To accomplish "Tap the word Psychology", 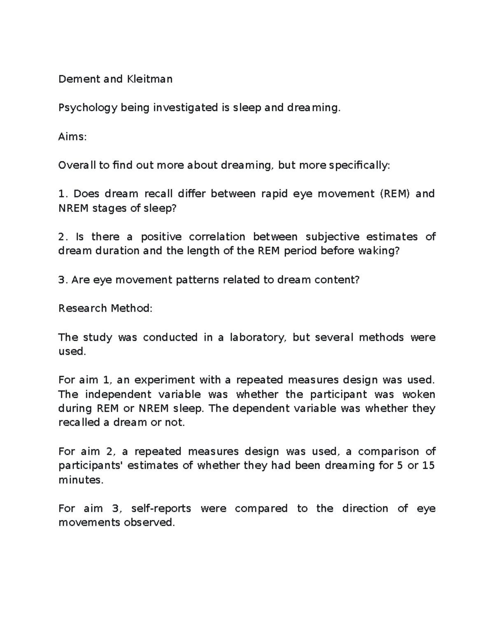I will coord(88,108).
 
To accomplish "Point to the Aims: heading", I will coord(72,137).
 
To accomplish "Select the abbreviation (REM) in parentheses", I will coord(395,194).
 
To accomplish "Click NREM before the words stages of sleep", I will coord(74,208).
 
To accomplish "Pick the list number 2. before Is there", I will coord(63,237).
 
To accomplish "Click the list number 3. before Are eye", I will coord(63,280).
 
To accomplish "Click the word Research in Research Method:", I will coord(81,309).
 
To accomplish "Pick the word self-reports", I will coord(161,509).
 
